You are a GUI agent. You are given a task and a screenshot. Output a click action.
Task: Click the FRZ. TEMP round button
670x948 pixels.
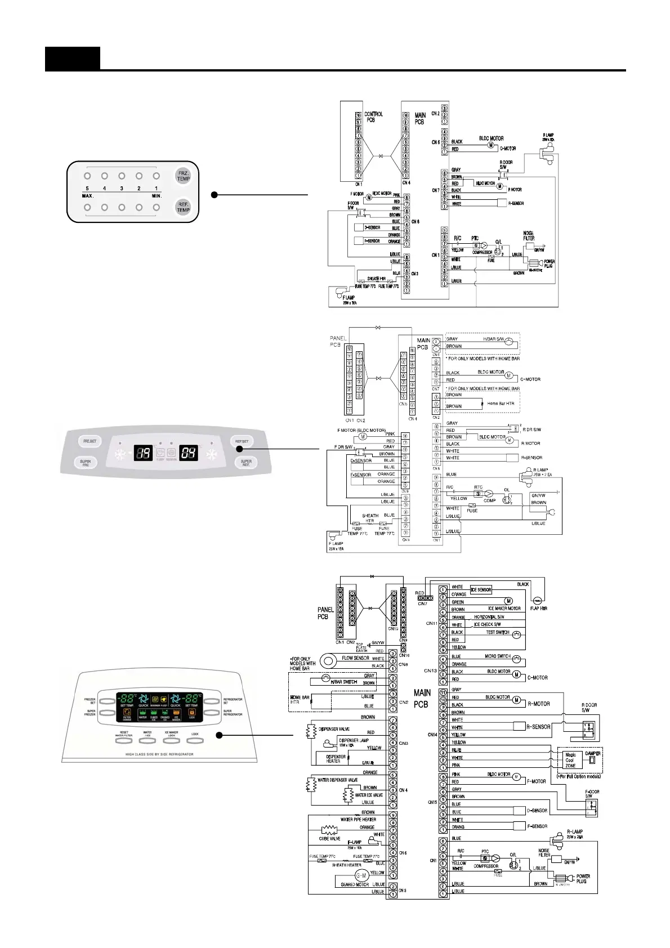point(184,175)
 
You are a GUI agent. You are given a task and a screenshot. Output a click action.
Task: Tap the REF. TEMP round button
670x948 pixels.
point(184,207)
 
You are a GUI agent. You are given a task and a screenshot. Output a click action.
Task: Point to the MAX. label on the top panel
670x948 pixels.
point(87,196)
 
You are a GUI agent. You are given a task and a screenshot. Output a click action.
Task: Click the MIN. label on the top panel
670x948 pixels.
point(157,196)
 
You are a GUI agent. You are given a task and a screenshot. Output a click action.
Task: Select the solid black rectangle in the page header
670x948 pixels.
point(73,59)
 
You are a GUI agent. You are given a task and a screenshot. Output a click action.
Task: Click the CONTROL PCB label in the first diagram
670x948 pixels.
point(373,117)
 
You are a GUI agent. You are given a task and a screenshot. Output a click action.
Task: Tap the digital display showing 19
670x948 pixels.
point(144,453)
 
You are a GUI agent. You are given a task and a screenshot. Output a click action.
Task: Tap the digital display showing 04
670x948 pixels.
point(189,453)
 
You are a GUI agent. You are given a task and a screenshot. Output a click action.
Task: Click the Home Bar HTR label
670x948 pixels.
point(501,404)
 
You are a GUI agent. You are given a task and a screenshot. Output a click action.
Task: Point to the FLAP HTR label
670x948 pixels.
point(539,609)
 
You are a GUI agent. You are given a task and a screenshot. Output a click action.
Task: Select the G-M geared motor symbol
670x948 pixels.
point(361,875)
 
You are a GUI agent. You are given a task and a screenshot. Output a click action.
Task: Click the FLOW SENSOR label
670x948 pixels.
point(355,658)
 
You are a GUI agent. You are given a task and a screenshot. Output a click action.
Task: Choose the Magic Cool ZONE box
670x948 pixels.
point(570,760)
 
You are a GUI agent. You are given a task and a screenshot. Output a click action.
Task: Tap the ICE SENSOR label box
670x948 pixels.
point(481,589)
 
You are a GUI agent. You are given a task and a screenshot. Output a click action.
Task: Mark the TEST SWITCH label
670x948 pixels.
point(498,632)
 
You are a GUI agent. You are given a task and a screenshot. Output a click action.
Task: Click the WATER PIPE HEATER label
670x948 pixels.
point(358,820)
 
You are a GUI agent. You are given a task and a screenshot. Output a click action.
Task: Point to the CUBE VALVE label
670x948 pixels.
point(329,838)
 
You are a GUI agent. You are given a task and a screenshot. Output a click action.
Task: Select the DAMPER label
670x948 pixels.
point(593,753)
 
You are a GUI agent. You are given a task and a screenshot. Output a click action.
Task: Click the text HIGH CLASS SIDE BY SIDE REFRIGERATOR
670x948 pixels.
point(159,754)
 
